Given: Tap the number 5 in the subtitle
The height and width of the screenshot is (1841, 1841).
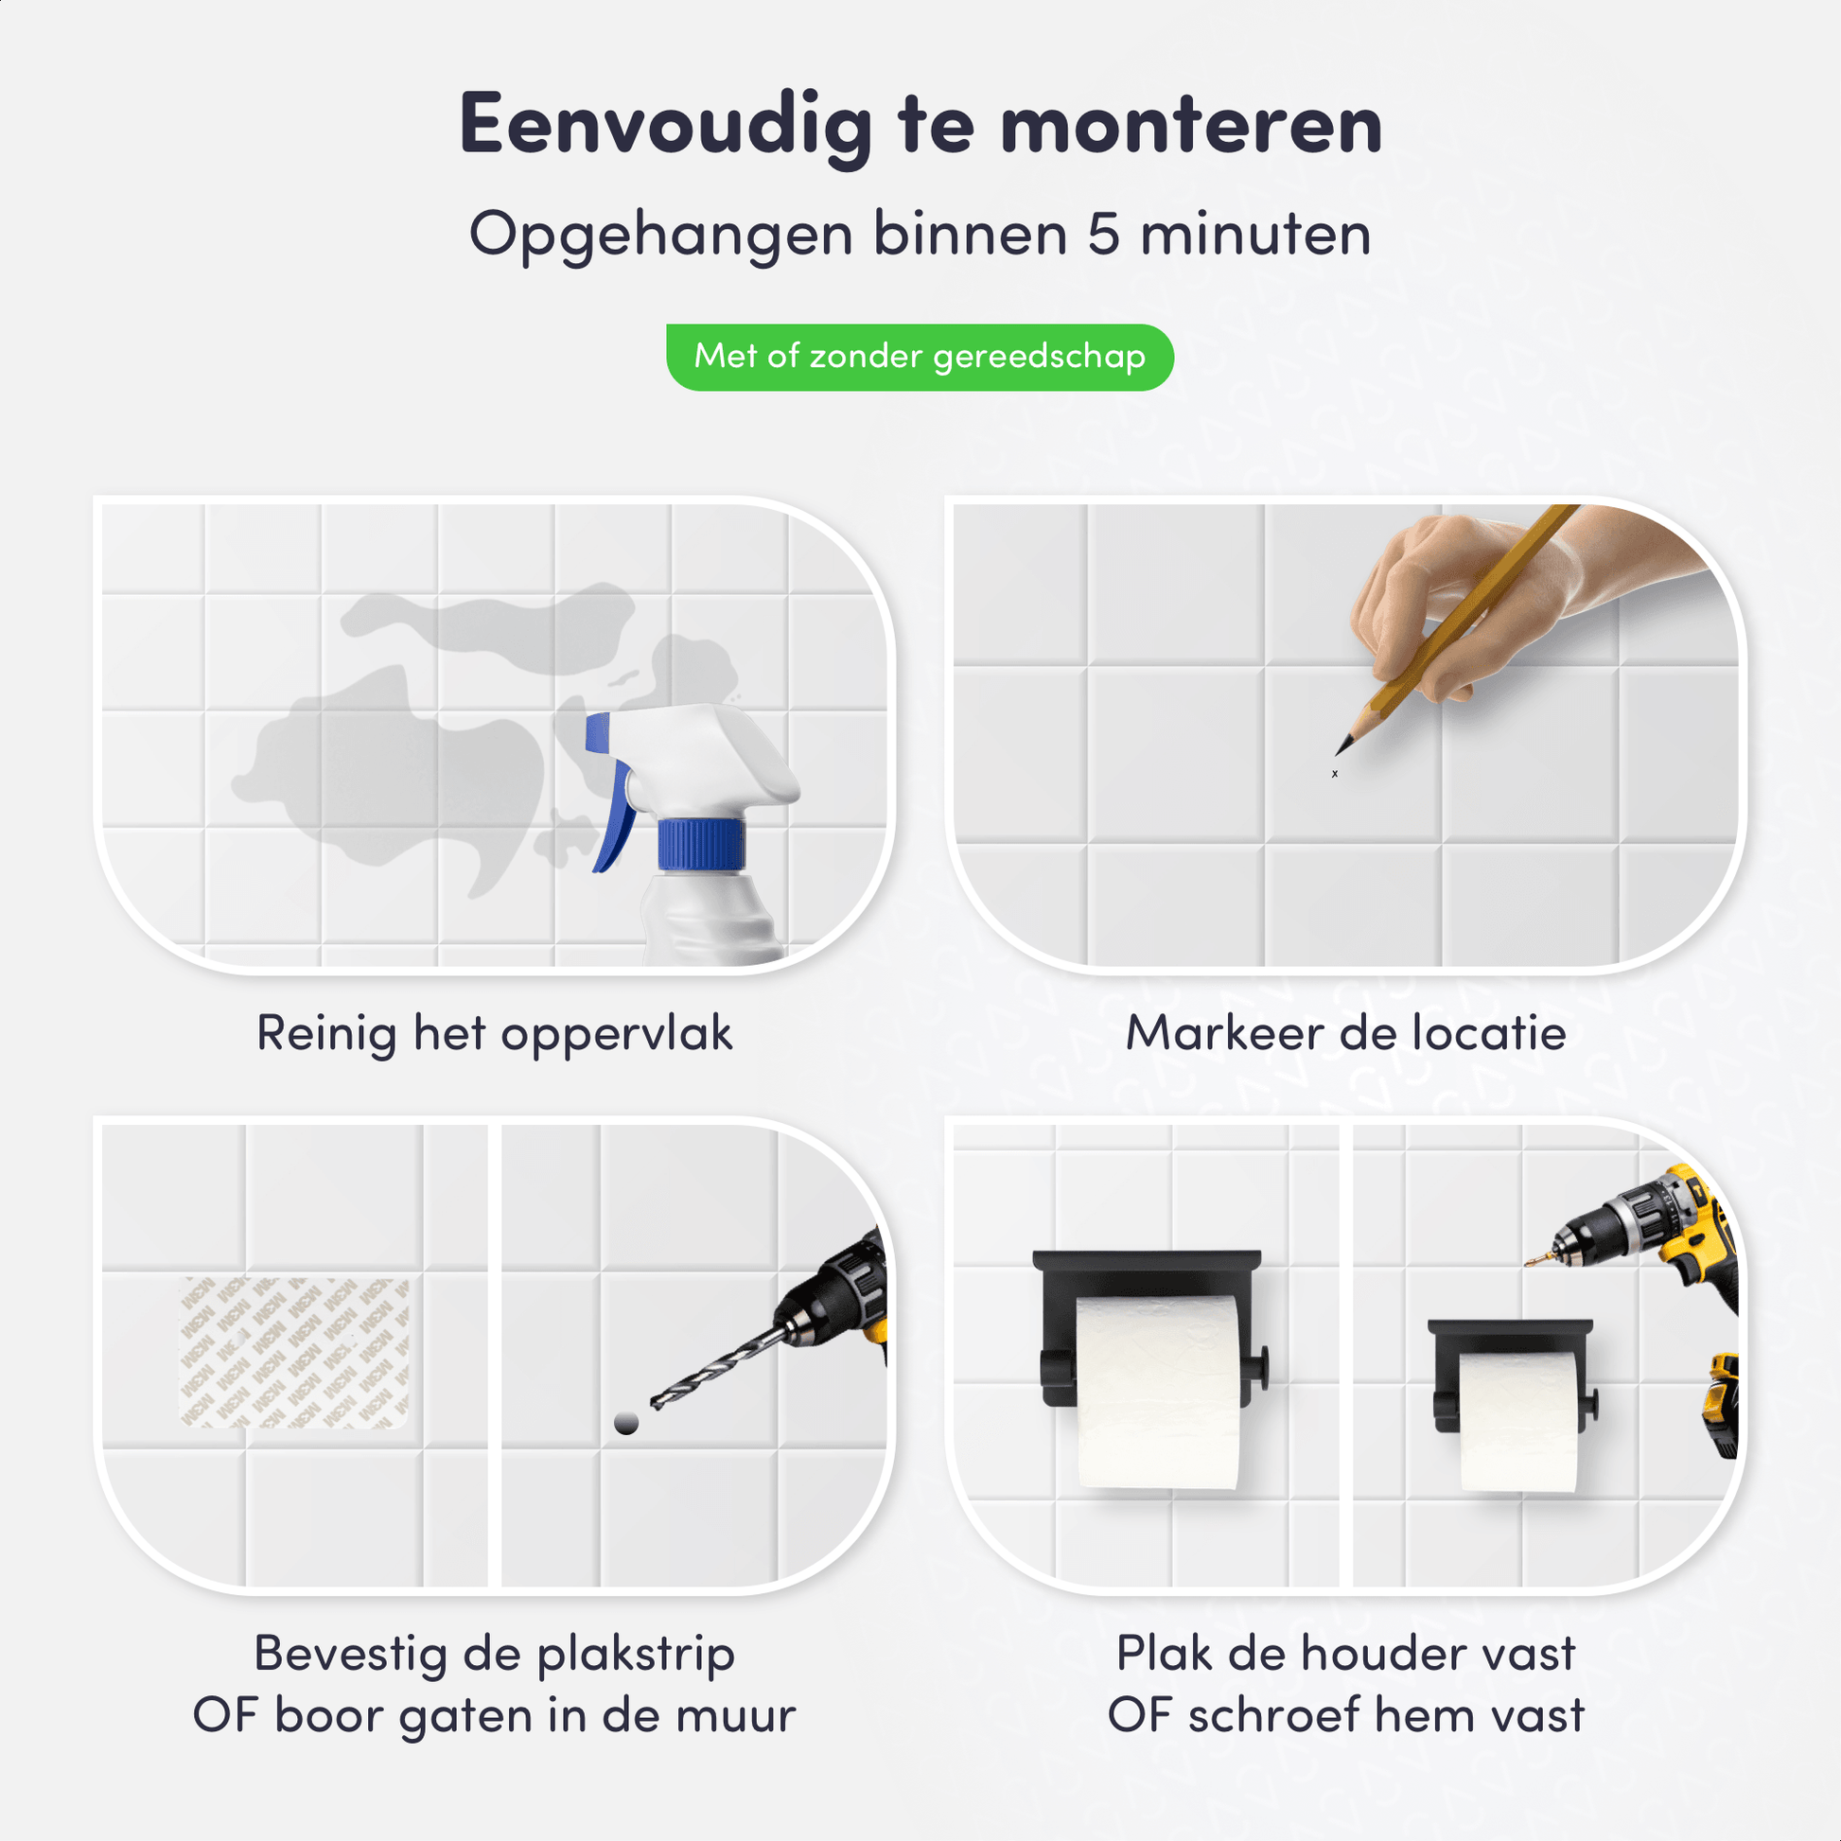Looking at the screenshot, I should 1103,234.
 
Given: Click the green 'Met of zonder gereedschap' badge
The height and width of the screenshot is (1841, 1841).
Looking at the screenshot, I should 920,358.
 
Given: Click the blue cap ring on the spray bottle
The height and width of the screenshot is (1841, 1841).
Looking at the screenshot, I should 701,844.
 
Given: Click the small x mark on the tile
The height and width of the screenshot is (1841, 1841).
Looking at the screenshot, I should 1334,774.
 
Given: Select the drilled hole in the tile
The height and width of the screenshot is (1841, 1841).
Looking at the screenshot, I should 626,1424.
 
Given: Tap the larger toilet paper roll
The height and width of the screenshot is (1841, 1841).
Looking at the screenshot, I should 1158,1392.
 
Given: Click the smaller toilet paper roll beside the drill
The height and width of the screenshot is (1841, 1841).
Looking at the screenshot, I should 1517,1420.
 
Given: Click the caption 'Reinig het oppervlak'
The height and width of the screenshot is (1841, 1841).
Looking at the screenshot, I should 495,1034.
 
